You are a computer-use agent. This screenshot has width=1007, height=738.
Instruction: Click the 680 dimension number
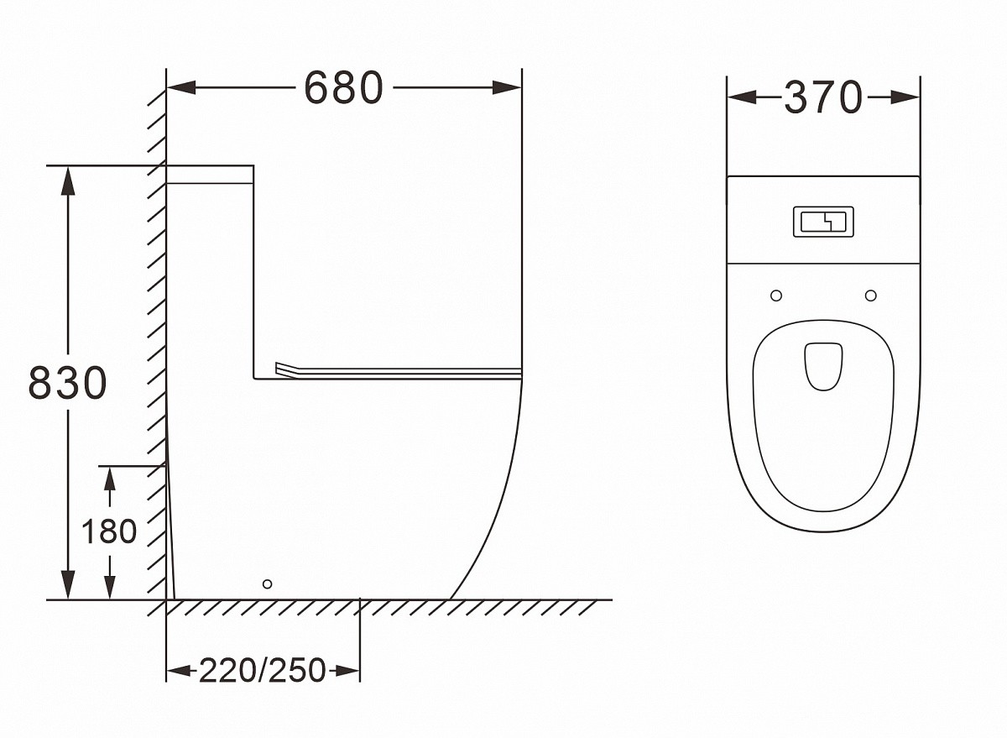coord(343,88)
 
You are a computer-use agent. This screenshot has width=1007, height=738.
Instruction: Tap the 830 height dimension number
coord(67,383)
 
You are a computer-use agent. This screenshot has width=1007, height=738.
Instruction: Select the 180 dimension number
coord(109,531)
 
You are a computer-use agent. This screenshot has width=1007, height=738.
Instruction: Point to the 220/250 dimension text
coord(262,671)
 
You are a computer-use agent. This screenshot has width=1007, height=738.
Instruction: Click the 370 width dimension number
coord(823,97)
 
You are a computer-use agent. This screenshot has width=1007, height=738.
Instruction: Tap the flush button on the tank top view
coord(823,222)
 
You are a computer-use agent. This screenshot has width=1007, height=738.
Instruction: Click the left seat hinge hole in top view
coord(776,296)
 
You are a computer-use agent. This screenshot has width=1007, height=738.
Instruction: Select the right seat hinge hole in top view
coord(871,296)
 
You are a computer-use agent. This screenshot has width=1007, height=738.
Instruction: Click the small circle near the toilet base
coord(267,584)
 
